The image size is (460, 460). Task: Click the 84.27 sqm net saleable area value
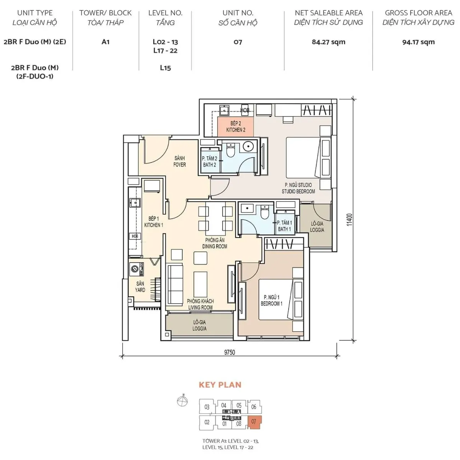[329, 42]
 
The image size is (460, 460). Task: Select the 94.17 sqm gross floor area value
[418, 42]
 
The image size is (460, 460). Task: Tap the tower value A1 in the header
[105, 42]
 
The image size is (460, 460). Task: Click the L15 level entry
[165, 68]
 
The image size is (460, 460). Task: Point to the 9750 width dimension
[229, 352]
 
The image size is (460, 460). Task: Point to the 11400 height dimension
[349, 220]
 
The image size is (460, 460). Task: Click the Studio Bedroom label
[298, 188]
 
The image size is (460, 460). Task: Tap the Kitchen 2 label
[236, 127]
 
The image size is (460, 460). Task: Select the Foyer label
[179, 161]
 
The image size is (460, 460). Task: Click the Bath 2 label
[210, 162]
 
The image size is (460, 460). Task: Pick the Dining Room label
[215, 243]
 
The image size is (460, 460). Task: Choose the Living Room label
[200, 304]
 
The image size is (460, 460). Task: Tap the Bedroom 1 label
[272, 300]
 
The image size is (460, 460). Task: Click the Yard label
[140, 287]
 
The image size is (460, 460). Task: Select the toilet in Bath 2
[230, 150]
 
